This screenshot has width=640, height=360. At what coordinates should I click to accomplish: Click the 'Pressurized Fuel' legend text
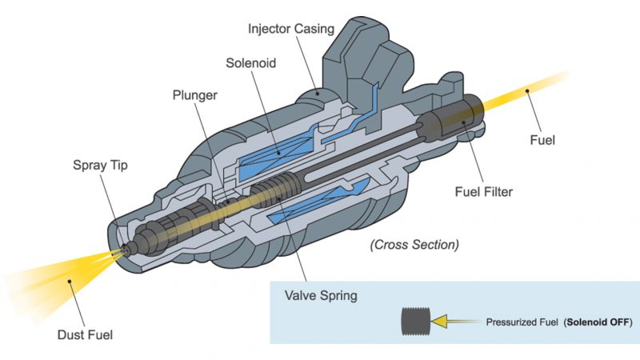click(524, 322)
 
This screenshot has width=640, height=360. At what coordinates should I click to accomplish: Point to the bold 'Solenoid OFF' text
click(598, 322)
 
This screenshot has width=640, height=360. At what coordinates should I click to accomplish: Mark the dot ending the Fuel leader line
click(528, 92)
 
